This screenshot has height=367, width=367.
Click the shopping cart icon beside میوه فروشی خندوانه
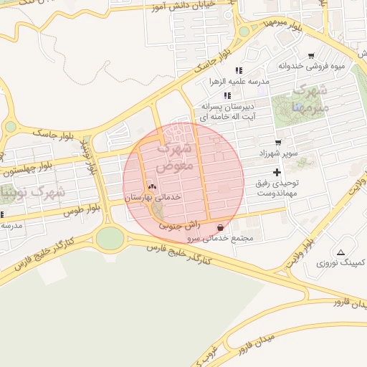click(310, 55)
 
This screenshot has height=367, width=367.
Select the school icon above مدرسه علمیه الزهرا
click(239, 70)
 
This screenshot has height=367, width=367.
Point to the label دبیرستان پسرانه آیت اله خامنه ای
click(231, 110)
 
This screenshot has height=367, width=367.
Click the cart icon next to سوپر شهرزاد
click(277, 143)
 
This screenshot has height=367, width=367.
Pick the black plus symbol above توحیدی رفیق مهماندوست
click(277, 172)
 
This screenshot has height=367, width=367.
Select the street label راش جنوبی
click(175, 224)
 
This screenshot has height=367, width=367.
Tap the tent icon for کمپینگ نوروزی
click(341, 252)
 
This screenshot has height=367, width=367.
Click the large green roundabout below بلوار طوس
click(110, 237)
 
